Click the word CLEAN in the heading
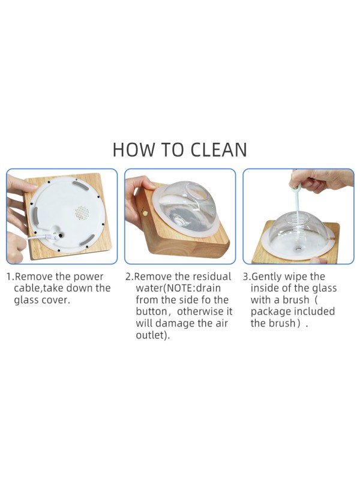click(x=218, y=149)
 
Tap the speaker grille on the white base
click(x=81, y=212)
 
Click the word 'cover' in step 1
click(x=58, y=300)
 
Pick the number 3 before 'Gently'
click(x=245, y=277)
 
